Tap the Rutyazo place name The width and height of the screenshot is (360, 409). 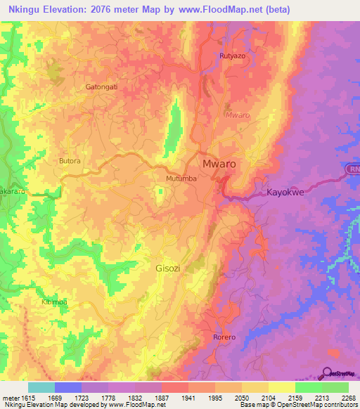coord(232,56)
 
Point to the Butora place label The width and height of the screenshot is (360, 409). coord(70,161)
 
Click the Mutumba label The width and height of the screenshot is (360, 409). coord(181,179)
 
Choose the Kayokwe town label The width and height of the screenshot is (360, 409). coord(290,192)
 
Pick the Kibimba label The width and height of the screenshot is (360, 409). coord(54,301)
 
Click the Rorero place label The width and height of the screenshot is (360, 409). coord(224,338)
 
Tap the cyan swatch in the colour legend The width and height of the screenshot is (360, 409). coord(41,387)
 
